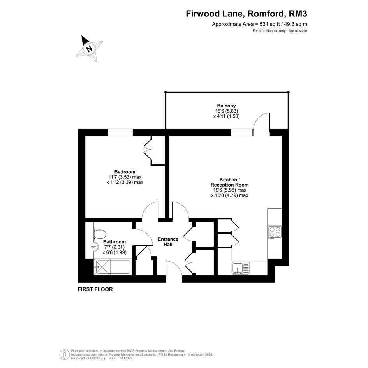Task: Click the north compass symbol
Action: click(x=90, y=49)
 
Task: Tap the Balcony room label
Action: click(x=226, y=106)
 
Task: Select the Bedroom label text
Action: click(x=125, y=172)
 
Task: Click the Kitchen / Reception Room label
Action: click(x=229, y=182)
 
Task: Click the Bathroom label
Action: click(x=114, y=242)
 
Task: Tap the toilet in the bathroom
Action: click(x=100, y=234)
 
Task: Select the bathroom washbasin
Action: click(x=95, y=246)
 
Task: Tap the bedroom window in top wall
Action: click(x=120, y=132)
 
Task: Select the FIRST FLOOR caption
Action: click(x=95, y=289)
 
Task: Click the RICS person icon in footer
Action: click(x=63, y=354)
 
